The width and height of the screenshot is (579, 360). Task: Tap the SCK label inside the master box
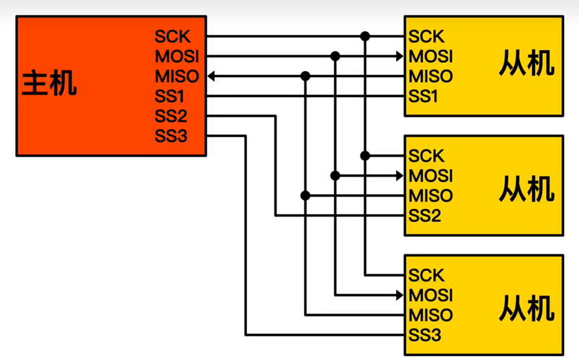[173, 36]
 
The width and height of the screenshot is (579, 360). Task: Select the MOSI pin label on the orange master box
[177, 56]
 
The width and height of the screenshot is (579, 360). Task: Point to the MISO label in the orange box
[177, 76]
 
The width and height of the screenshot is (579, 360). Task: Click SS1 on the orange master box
[171, 96]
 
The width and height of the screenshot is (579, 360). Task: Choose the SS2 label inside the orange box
[171, 116]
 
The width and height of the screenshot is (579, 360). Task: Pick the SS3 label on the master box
[171, 136]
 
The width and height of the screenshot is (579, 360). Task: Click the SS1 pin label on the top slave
[423, 96]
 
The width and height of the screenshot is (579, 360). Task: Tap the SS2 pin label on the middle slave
[424, 215]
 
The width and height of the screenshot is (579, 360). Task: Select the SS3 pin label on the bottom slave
[424, 335]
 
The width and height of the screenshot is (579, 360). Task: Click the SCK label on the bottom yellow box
[426, 275]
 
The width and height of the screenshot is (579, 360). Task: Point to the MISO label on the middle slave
[430, 196]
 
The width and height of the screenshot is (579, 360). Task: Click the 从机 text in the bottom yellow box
[527, 308]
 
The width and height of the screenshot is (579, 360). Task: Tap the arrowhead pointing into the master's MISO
[211, 76]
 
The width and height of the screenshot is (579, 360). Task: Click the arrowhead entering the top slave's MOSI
[400, 56]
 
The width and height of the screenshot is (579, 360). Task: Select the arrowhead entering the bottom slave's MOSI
[400, 295]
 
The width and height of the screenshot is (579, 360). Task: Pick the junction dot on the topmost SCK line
[365, 36]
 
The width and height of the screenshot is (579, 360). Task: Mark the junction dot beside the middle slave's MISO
[305, 196]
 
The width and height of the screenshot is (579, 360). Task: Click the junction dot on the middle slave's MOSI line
[335, 176]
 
